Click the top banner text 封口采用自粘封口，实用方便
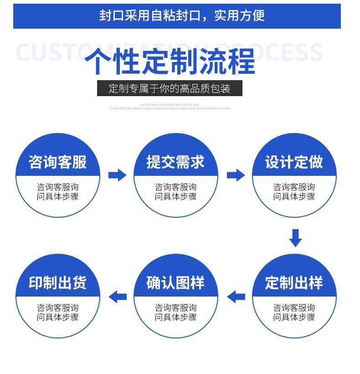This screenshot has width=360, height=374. [x=181, y=15]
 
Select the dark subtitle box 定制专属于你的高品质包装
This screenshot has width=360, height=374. [x=170, y=88]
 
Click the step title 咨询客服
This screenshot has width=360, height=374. [x=57, y=162]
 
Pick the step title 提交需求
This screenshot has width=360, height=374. [x=175, y=162]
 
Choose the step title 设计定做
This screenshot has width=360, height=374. [x=294, y=162]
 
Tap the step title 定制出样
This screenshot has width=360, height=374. [x=294, y=283]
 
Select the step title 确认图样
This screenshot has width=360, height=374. [x=175, y=283]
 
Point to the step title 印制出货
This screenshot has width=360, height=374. [x=57, y=283]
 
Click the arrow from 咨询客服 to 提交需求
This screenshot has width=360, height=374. [x=117, y=174]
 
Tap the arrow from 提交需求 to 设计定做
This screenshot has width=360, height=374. [x=236, y=174]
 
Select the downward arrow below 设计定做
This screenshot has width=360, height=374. [x=295, y=238]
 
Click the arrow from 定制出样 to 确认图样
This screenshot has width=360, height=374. [x=236, y=297]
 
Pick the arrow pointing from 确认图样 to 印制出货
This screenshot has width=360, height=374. [x=118, y=297]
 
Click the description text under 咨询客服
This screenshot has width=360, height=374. [x=57, y=192]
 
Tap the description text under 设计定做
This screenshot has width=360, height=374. [x=294, y=192]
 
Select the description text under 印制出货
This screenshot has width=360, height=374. [x=57, y=313]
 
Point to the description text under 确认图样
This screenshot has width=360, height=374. [x=175, y=313]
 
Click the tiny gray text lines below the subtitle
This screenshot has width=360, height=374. [x=170, y=107]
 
